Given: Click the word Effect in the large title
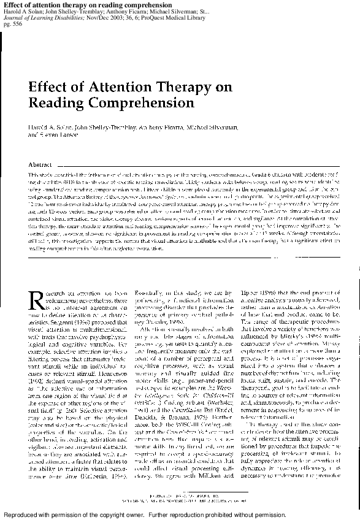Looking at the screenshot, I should [50, 87].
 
